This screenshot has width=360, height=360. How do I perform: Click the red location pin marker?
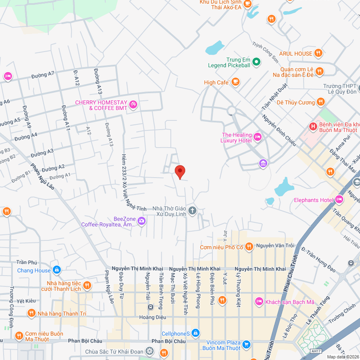click(180, 171)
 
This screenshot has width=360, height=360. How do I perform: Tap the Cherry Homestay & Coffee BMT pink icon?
click(133, 104)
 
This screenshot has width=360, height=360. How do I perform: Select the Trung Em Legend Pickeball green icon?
click(256, 62)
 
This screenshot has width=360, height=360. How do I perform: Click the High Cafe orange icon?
click(235, 82)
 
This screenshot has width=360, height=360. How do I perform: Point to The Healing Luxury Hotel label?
click(236, 137)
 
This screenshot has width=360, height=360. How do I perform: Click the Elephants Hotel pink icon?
click(339, 200)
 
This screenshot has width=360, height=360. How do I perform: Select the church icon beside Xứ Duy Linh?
click(192, 211)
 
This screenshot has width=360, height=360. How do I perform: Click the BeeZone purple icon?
click(142, 220)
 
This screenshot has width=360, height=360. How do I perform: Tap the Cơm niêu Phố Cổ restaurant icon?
click(250, 247)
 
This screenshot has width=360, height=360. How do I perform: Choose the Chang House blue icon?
click(56, 270)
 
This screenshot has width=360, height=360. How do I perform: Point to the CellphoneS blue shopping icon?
click(195, 333)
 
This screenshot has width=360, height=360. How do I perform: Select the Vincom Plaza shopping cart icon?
click(246, 344)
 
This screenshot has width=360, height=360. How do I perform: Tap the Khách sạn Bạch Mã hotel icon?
click(259, 301)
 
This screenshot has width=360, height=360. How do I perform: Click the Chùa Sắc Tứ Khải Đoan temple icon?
click(149, 351)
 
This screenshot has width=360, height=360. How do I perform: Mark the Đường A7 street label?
click(42, 75)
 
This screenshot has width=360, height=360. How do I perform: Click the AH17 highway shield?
click(315, 351)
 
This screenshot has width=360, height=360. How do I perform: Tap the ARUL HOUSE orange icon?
click(317, 53)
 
